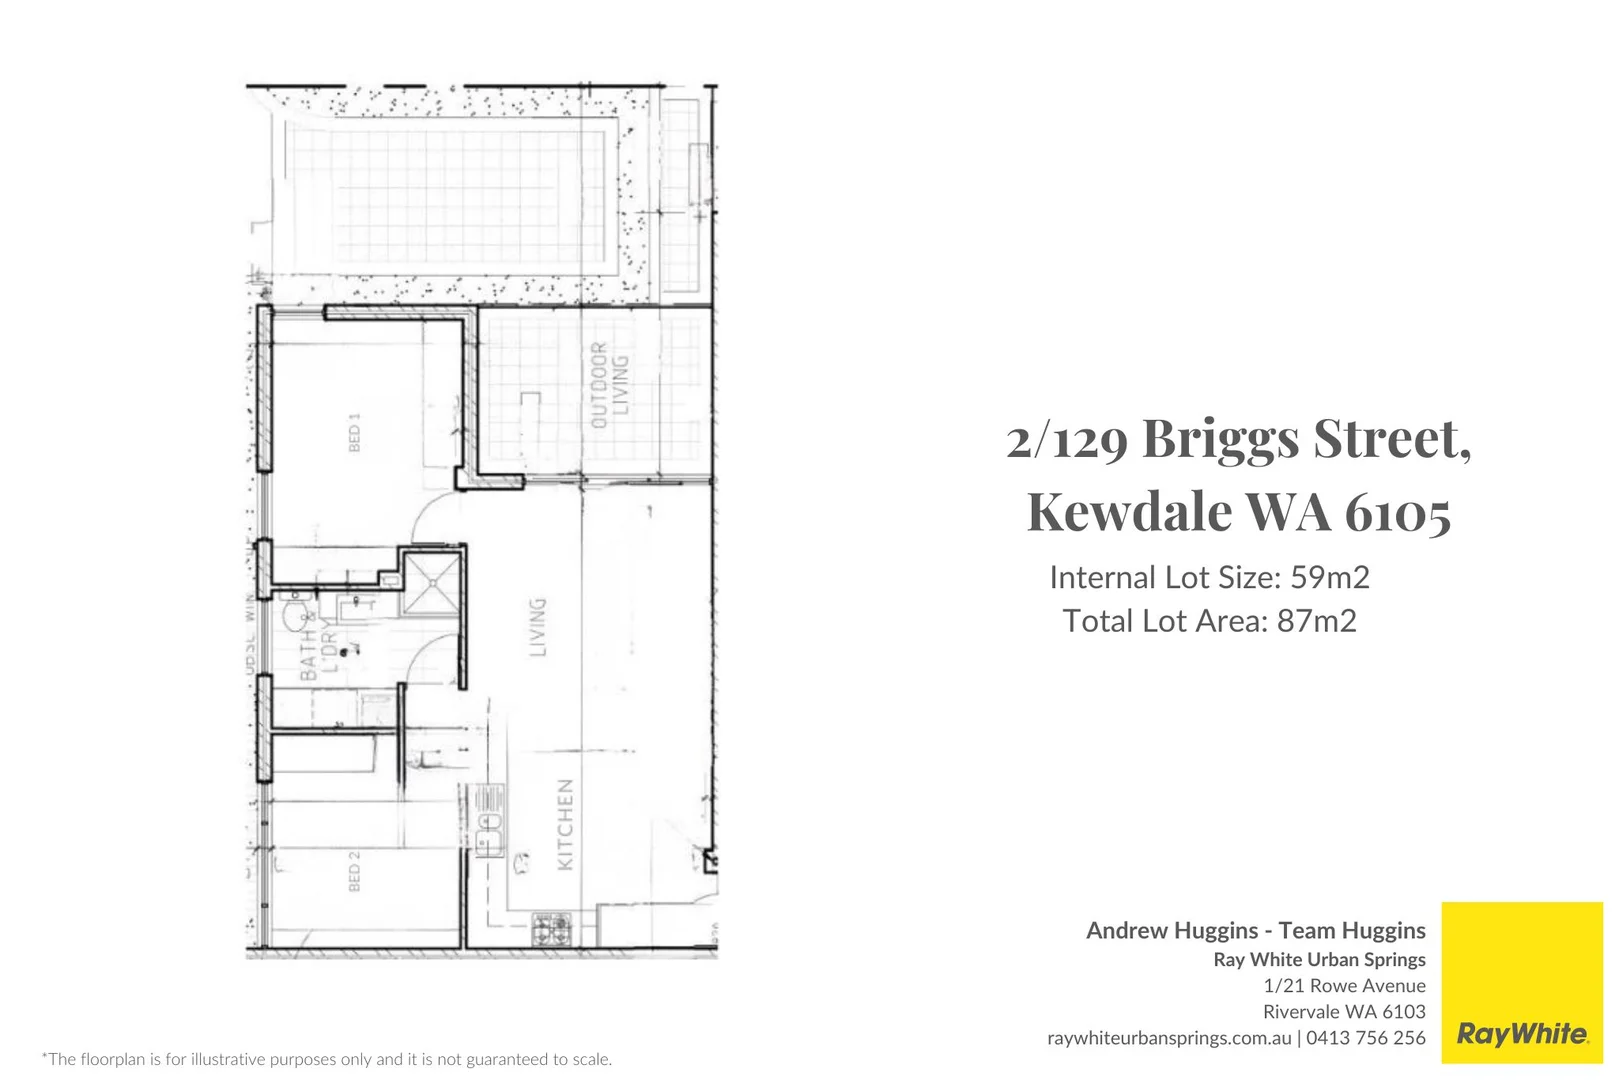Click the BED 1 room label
pyautogui.click(x=354, y=432)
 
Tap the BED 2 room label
pyautogui.click(x=354, y=871)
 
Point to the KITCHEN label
pyautogui.click(x=565, y=825)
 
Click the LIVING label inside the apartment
pyautogui.click(x=538, y=627)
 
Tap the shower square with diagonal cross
pyautogui.click(x=432, y=582)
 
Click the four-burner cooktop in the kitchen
pyautogui.click(x=550, y=929)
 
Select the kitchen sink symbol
pyautogui.click(x=490, y=823)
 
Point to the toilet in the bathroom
pyautogui.click(x=296, y=612)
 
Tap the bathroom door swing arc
pyautogui.click(x=433, y=660)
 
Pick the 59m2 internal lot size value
pyautogui.click(x=1329, y=578)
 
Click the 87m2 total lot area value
pyautogui.click(x=1316, y=621)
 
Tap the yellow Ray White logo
pyautogui.click(x=1521, y=983)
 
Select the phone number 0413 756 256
pyautogui.click(x=1365, y=1038)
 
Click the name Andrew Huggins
pyautogui.click(x=1171, y=931)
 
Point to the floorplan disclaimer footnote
pyautogui.click(x=326, y=1059)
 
